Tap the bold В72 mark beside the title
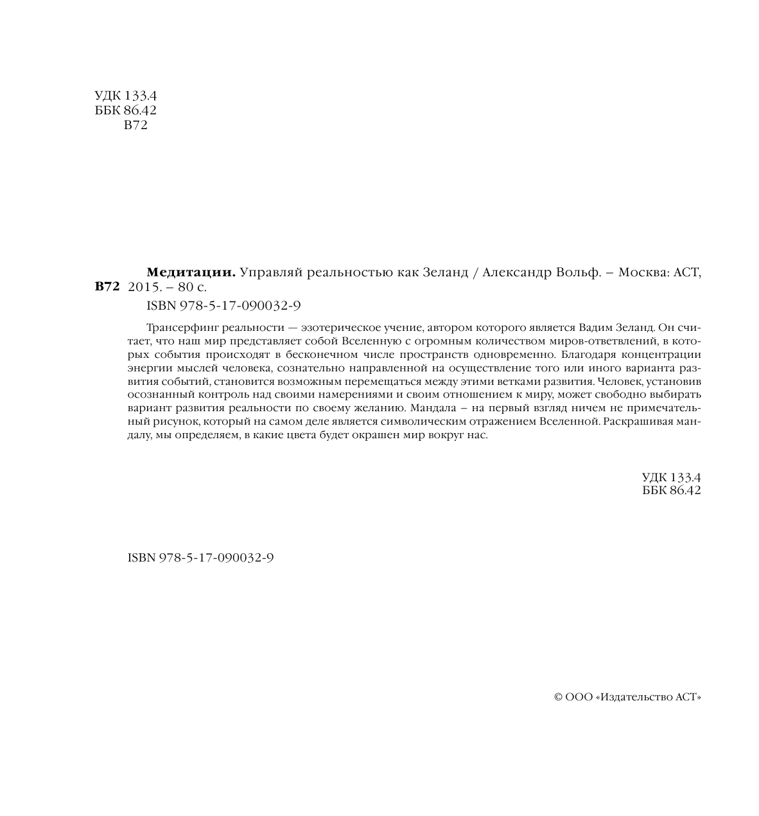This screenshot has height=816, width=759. pyautogui.click(x=107, y=287)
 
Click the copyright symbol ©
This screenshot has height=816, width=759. pyautogui.click(x=558, y=697)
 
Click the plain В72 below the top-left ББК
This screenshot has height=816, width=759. pyautogui.click(x=135, y=126)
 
